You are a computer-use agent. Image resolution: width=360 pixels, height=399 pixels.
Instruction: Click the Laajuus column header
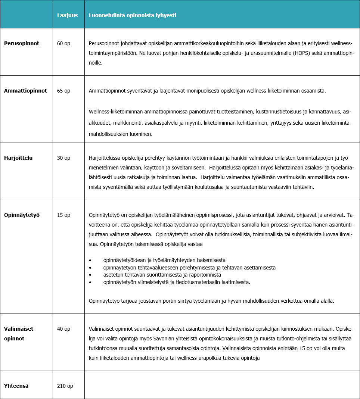coord(67,16)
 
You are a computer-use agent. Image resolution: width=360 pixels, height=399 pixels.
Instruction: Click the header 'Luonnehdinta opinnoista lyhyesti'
coord(132,16)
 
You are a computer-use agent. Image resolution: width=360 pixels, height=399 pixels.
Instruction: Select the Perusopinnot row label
coord(22,43)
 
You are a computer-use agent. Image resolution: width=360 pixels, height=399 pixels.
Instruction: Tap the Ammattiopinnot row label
coord(25,91)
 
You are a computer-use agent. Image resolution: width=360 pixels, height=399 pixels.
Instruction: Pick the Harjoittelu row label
coord(18,158)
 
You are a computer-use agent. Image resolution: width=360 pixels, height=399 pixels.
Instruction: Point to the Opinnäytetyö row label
coord(22,215)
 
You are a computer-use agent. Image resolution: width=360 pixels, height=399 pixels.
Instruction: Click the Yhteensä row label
coord(16,386)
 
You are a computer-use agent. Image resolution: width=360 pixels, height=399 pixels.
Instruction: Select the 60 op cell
coord(63,43)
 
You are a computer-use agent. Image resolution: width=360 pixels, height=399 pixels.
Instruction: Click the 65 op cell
coord(63,91)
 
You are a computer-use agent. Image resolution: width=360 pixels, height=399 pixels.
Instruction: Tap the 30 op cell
coord(63,158)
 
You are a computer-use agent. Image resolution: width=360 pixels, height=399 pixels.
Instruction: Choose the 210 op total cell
coord(65,386)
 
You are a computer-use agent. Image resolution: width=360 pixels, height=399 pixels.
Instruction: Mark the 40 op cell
coord(63,329)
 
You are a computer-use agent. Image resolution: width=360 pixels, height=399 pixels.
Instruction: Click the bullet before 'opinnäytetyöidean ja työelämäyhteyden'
coord(90,260)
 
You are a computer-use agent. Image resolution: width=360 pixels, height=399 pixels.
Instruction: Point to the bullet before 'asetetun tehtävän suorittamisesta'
coord(90,275)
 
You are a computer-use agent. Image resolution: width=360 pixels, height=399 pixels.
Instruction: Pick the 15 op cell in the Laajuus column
coord(63,215)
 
